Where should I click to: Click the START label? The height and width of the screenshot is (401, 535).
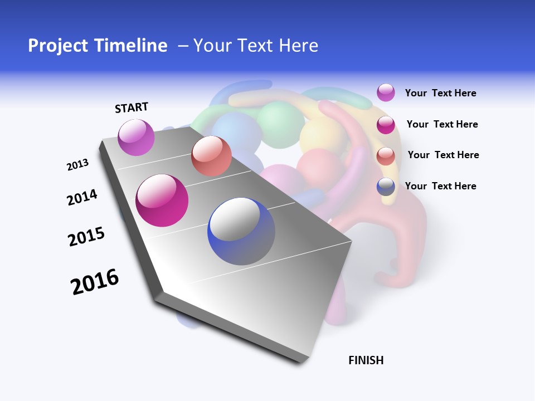132,107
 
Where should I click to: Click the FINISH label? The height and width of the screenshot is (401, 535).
366,360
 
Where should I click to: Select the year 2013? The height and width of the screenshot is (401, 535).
77,165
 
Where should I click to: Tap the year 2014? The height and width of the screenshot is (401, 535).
82,197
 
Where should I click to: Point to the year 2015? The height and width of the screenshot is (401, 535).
86,237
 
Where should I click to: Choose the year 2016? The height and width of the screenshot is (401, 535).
95,282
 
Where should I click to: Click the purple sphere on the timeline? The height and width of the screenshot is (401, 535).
137,138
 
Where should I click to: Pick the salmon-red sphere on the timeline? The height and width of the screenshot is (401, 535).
211,156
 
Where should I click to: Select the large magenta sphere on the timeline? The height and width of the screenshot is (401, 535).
162,200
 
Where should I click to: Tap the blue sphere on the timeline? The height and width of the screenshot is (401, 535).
241,231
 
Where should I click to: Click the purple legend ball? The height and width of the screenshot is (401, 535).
386,92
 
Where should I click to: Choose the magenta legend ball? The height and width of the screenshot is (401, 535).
386,125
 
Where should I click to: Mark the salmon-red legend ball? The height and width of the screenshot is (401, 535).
386,156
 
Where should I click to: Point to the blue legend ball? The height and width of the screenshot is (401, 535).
386,187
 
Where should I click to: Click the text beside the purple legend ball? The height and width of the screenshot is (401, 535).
440,93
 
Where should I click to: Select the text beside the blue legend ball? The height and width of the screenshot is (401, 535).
440,186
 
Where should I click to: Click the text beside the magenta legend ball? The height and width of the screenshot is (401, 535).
442,124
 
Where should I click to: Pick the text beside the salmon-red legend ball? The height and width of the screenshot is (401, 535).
443,155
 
